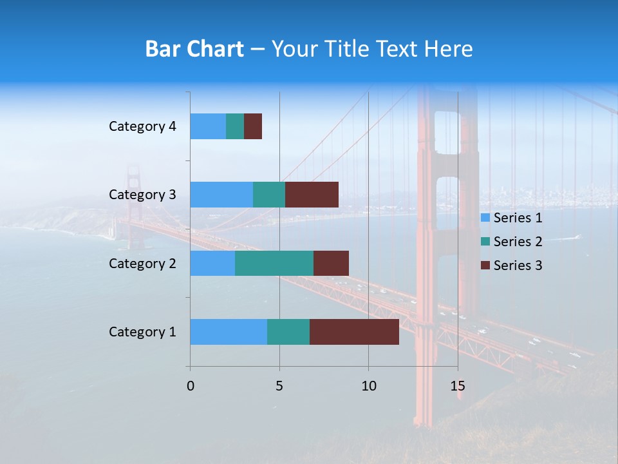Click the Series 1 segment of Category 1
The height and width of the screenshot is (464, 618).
[229, 332]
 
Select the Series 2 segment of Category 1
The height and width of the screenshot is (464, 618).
[288, 332]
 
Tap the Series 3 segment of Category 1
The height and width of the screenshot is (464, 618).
[354, 332]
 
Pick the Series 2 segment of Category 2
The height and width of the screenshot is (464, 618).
[274, 263]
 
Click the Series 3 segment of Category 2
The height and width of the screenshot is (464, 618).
[331, 263]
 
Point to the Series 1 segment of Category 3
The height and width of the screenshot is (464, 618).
[221, 195]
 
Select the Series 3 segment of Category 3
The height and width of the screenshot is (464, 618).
[312, 195]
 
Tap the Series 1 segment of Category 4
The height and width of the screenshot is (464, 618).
[208, 126]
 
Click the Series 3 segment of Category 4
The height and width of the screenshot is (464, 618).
[253, 126]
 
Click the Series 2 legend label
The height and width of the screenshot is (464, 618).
[518, 242]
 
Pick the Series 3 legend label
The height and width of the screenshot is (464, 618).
[518, 266]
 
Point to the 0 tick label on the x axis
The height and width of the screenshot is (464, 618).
[191, 386]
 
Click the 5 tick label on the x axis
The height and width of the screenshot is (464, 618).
[279, 386]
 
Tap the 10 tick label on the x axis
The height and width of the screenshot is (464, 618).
[368, 386]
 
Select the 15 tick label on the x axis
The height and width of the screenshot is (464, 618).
[457, 386]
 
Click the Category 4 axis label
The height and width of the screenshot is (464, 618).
[142, 126]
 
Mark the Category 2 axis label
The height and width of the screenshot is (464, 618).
[142, 264]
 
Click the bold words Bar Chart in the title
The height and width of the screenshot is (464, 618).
[194, 49]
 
